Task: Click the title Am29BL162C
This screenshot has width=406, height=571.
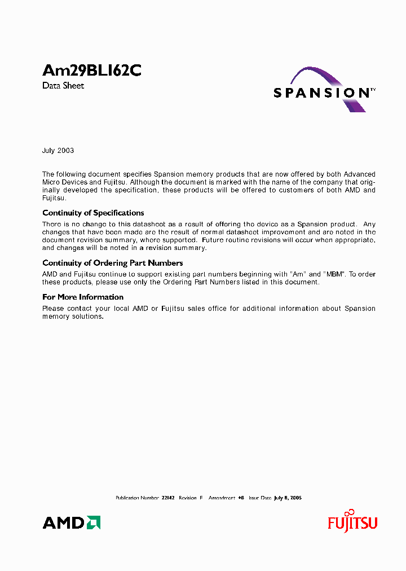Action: coord(91,71)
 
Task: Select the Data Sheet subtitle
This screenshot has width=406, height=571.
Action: coord(63,86)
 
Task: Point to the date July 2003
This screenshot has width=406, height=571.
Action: coord(58,151)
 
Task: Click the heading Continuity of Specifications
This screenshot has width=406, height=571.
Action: coord(93,213)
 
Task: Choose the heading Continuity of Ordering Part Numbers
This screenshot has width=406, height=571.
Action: coord(112,263)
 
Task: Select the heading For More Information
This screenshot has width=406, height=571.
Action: coord(83,297)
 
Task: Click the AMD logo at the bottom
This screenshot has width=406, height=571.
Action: coord(71,522)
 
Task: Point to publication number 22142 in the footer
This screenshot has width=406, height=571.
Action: coord(167,498)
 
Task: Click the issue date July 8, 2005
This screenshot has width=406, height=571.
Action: coord(288,498)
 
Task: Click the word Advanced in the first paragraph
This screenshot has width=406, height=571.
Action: coord(359,174)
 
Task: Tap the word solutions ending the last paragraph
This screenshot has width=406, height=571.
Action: coord(87,317)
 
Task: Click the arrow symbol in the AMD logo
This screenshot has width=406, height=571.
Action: coord(94,522)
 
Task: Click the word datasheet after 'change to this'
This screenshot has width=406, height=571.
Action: coord(129,224)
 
